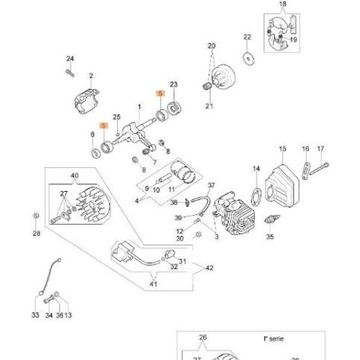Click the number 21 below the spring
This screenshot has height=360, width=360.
coord(210,106)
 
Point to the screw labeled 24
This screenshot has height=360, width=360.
coord(71,74)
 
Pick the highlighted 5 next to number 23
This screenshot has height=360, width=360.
coord(160,94)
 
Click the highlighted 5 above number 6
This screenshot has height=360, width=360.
coord(104,126)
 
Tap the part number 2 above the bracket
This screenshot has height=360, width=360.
coord(92,76)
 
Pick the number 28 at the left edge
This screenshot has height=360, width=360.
coord(35,233)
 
